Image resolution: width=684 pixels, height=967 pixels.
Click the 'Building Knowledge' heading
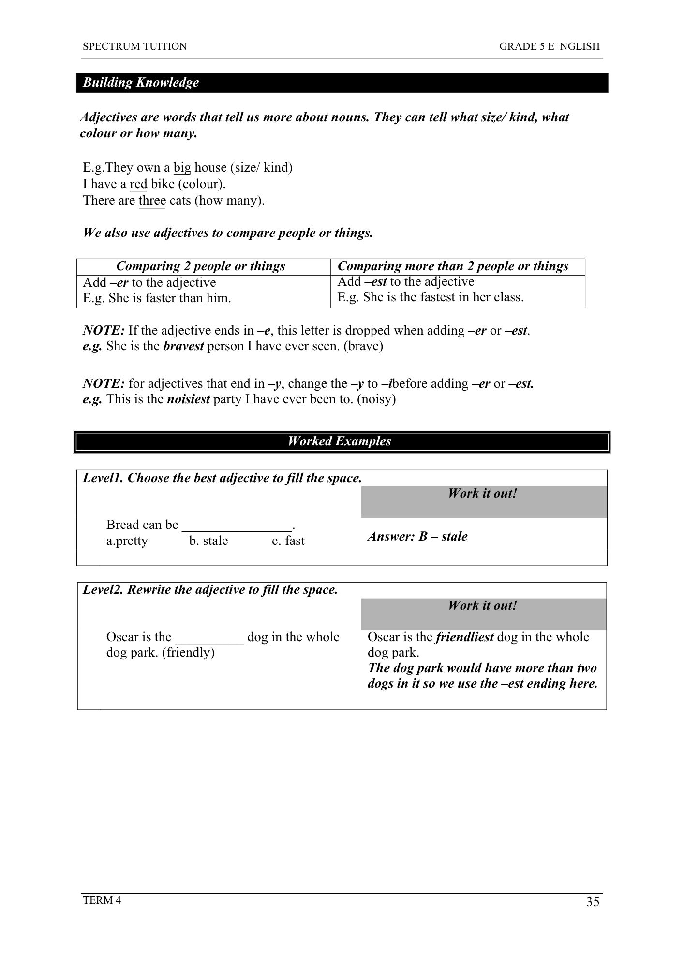[x=141, y=83]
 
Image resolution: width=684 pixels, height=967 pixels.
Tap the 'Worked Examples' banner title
[x=340, y=441]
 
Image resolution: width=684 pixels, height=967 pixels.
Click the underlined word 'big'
[x=182, y=168]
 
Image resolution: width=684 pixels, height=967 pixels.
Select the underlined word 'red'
[x=138, y=184]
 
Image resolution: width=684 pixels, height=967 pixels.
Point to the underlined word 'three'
[x=152, y=201]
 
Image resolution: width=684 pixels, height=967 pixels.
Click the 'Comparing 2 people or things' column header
[x=201, y=266]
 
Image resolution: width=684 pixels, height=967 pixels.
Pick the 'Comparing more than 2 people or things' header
[x=453, y=266]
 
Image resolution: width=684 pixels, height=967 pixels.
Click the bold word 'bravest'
[x=183, y=347]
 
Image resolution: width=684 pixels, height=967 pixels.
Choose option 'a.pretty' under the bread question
[x=127, y=541]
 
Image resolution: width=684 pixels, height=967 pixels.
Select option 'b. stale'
[x=208, y=541]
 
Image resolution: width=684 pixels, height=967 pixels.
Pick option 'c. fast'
[x=288, y=541]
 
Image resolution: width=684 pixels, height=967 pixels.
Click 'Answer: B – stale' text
[x=417, y=537]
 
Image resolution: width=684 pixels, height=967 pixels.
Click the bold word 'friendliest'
[x=464, y=637]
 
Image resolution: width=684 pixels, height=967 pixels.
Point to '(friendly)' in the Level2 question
[x=188, y=653]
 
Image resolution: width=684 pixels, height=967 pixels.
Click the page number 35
[x=593, y=902]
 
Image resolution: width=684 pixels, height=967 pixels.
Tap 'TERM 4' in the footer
[x=102, y=900]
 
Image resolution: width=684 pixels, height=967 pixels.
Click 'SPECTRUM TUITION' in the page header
[x=135, y=47]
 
